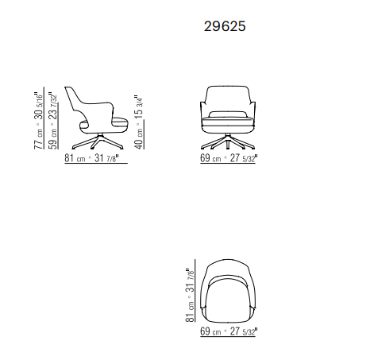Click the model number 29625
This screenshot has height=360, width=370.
pos(225,26)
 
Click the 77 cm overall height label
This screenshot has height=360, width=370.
pos(38,140)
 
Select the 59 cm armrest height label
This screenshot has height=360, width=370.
pos(53,140)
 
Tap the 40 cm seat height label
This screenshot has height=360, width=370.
pos(139,139)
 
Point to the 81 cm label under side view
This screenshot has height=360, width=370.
pos(75,158)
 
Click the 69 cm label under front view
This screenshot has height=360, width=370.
pos(210,158)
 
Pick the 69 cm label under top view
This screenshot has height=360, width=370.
pos(210,331)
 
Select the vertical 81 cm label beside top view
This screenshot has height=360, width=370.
pos(190,312)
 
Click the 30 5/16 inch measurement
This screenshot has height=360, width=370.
pos(38,106)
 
